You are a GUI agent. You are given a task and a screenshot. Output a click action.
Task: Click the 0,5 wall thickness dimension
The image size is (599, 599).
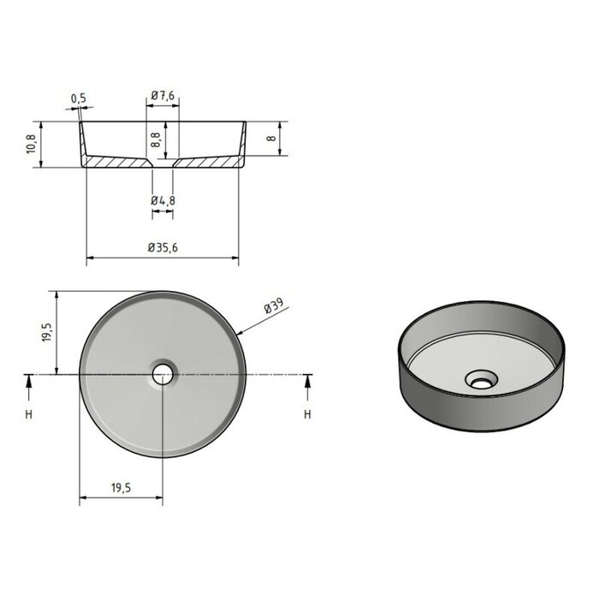click(79, 98)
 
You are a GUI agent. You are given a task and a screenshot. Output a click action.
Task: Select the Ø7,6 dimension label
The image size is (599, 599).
click(163, 97)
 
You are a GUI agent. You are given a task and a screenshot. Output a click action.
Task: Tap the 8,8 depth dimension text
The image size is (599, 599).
click(156, 139)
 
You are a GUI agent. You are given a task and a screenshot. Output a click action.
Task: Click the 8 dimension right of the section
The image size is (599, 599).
click(270, 139)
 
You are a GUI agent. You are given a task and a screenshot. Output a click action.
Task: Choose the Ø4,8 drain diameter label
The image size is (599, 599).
click(163, 200)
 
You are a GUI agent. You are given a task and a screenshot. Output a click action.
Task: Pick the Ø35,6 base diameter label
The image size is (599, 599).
click(163, 247)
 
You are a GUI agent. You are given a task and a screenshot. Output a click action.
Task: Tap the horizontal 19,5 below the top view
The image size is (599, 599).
click(121, 487)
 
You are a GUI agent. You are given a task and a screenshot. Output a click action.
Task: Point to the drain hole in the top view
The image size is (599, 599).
click(162, 374)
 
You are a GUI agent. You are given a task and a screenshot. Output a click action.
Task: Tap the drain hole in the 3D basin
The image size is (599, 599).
click(480, 378)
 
